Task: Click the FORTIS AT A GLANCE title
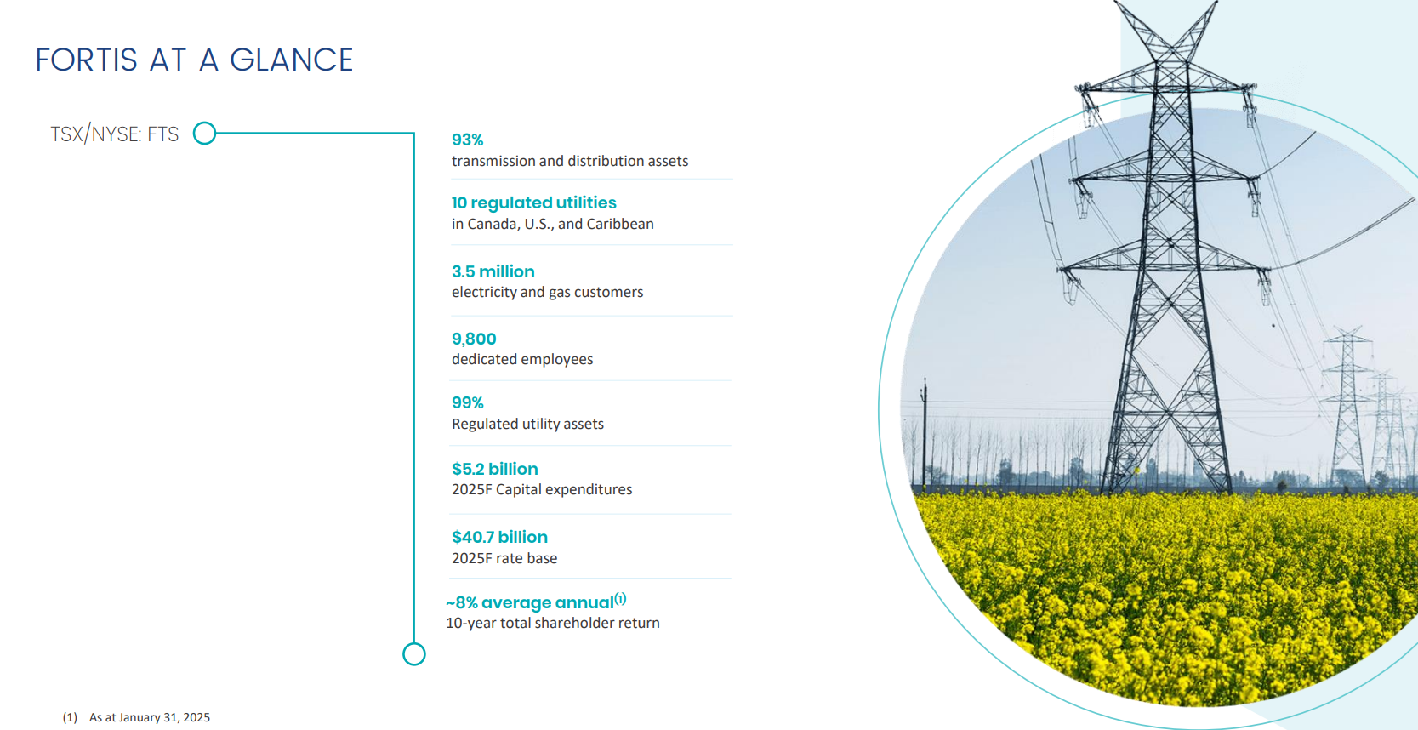click(x=194, y=60)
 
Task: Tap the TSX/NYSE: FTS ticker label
click(x=115, y=134)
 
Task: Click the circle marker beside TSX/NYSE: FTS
click(x=204, y=133)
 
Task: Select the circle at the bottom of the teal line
click(x=414, y=654)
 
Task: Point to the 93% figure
click(x=467, y=140)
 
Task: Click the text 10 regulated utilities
click(x=533, y=202)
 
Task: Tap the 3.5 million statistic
click(x=493, y=271)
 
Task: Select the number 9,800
click(x=474, y=339)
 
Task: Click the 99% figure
click(x=467, y=402)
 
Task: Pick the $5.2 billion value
click(x=495, y=469)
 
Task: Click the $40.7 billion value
click(x=499, y=537)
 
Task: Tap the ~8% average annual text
click(x=530, y=602)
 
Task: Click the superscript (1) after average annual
click(x=620, y=598)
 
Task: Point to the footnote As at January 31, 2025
click(x=150, y=717)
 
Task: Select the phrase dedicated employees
click(x=522, y=360)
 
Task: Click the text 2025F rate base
click(x=504, y=558)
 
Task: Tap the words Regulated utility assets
click(x=528, y=424)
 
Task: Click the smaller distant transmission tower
click(x=1348, y=405)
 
